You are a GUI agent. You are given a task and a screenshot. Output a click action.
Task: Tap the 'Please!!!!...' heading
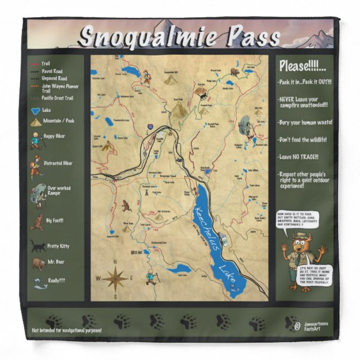coord(302,66)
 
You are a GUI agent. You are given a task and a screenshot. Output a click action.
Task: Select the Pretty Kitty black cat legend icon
coord(37,245)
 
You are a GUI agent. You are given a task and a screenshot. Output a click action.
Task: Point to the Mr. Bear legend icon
coord(37,264)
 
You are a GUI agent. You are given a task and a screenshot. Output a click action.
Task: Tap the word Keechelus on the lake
coord(202,221)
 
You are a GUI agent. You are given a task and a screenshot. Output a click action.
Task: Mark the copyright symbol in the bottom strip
coord(292,323)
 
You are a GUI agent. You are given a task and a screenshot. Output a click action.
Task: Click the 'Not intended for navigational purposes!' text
coord(67,330)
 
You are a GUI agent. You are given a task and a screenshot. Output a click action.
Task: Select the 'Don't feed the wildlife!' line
coord(305,140)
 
